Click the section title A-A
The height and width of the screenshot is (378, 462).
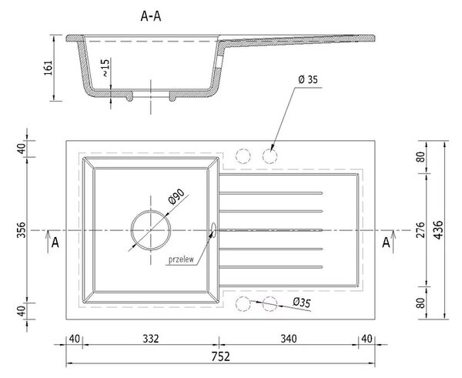[151, 16]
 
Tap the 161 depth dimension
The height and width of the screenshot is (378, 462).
[49, 68]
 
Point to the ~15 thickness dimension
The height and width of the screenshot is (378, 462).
[105, 68]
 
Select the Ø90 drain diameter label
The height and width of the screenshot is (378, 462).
[176, 196]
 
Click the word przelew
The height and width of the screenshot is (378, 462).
[181, 259]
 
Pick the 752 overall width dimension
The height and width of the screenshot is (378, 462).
[220, 356]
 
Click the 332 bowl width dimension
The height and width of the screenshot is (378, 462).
[151, 339]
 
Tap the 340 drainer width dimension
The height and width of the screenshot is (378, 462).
[289, 339]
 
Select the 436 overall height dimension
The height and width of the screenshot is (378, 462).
[438, 230]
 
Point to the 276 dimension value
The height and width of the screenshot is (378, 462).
[421, 230]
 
